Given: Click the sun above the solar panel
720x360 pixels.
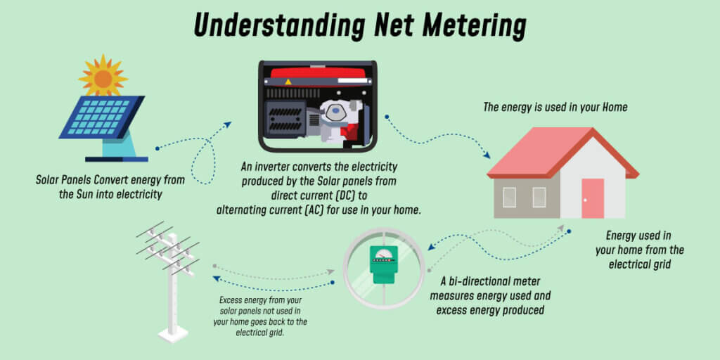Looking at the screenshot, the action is pos(103,77).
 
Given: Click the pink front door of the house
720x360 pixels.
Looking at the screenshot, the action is pos(592,198).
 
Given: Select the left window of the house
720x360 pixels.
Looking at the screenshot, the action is pos(509,197).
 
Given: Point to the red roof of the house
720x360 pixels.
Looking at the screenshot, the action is pos(562,153).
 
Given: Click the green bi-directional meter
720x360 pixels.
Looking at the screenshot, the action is pos(383,264).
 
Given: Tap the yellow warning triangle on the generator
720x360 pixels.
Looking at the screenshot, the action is pos(288,82).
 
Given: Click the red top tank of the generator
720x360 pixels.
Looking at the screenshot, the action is pos(317,72).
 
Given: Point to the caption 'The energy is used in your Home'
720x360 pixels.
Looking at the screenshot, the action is pos(555,108).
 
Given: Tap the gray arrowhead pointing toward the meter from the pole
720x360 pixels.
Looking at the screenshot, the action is pos(330,272).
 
